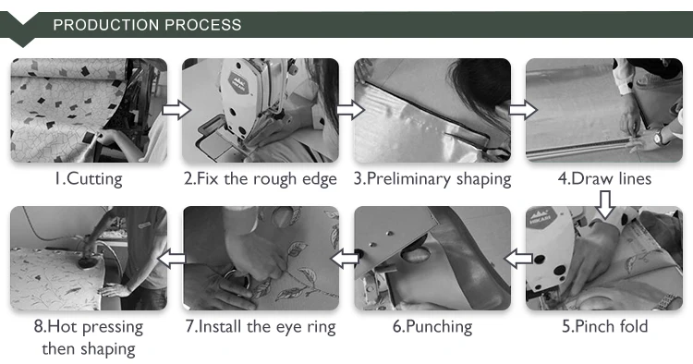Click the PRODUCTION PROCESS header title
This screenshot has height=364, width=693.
(147, 25)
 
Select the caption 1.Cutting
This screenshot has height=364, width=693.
(89, 179)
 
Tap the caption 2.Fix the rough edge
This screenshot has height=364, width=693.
(261, 179)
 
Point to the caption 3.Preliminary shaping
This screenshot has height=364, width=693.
(432, 179)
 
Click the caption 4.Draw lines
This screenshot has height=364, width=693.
(604, 178)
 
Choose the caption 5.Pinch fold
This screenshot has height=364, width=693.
(604, 326)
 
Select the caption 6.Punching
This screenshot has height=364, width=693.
(432, 327)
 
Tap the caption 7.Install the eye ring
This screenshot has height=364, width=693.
(261, 327)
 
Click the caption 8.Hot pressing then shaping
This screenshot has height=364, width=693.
(89, 337)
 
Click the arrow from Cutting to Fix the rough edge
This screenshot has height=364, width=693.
(176, 110)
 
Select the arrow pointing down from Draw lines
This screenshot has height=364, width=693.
(605, 204)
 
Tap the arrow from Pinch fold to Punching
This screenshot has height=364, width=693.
(518, 259)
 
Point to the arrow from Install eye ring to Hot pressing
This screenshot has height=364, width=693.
(172, 259)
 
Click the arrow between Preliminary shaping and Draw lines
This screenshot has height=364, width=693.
(523, 110)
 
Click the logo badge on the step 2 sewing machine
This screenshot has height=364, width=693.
(239, 82)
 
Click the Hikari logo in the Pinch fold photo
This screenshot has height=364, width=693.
(538, 217)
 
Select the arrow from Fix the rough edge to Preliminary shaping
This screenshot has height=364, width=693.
(350, 110)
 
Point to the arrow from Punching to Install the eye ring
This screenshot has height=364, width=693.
(345, 259)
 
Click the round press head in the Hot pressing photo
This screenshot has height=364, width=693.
(85, 263)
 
